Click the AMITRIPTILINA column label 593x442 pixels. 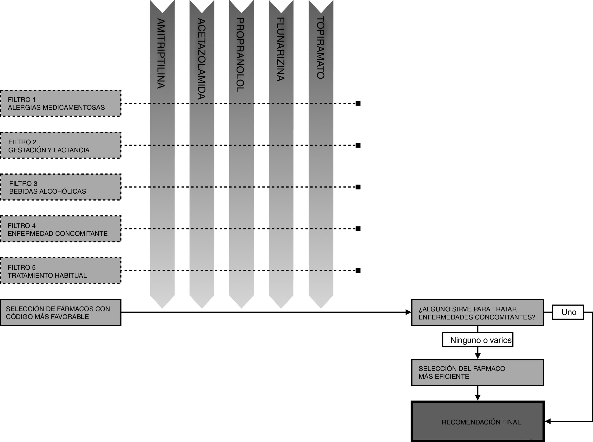[161, 53]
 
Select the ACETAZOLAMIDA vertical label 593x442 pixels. [202, 59]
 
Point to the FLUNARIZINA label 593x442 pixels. [280, 49]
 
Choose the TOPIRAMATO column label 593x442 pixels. [320, 48]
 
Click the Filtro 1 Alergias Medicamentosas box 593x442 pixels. [60, 104]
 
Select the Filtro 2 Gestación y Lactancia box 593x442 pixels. [60, 146]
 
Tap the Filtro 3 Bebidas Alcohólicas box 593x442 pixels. [60, 187]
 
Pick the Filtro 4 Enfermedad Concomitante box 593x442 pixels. [60, 229]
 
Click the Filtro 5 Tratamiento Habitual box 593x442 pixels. [60, 271]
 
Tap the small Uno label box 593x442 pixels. [568, 312]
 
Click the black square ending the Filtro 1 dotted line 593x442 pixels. [358, 104]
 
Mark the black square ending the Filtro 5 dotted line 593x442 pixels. [358, 270]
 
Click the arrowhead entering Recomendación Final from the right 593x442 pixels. [548, 421]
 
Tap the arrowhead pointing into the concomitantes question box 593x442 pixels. [408, 312]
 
